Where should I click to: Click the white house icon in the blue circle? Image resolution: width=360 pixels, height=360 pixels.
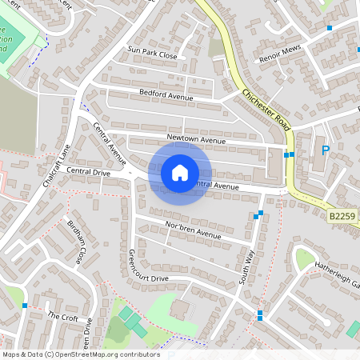coord(179,172)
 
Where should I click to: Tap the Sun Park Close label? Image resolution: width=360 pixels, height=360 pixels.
coord(152,53)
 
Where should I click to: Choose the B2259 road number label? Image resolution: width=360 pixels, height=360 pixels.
coord(343,215)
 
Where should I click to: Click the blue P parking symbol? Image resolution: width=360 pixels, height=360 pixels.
coord(326,150)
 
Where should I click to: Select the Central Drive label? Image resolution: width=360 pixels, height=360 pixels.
coord(88,171)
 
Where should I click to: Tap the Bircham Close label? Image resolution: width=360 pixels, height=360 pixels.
coord(76,241)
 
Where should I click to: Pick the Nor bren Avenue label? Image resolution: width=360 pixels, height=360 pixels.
coord(192,230)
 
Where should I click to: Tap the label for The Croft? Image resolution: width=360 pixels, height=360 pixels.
coord(62,316)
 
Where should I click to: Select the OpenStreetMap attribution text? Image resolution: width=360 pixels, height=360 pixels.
coord(80,354)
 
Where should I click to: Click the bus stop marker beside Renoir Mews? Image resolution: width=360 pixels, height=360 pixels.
coord(329,28)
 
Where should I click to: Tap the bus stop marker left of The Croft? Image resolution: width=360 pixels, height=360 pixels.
coord(26,306)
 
